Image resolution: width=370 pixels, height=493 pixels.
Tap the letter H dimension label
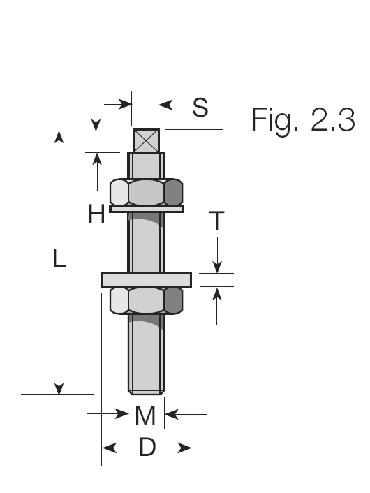coord(96,214)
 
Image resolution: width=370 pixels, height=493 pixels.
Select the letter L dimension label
coord(60,260)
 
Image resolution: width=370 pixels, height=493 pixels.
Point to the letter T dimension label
coord(217,221)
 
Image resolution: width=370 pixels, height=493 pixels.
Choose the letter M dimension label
coord(145,416)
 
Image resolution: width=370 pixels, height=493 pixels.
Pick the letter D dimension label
coord(147,448)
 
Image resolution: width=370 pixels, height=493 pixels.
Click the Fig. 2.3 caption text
coord(302,120)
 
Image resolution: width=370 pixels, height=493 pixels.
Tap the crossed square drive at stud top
coord(146,140)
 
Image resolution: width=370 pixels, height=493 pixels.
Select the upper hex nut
coord(147,191)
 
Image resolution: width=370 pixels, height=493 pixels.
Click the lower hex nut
coord(147,300)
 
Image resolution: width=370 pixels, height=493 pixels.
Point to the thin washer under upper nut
coord(147,209)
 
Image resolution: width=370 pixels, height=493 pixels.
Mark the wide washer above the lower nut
coord(147,279)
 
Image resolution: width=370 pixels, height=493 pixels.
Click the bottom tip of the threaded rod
coord(147,391)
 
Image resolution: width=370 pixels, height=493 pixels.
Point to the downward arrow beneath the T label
coord(217,267)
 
